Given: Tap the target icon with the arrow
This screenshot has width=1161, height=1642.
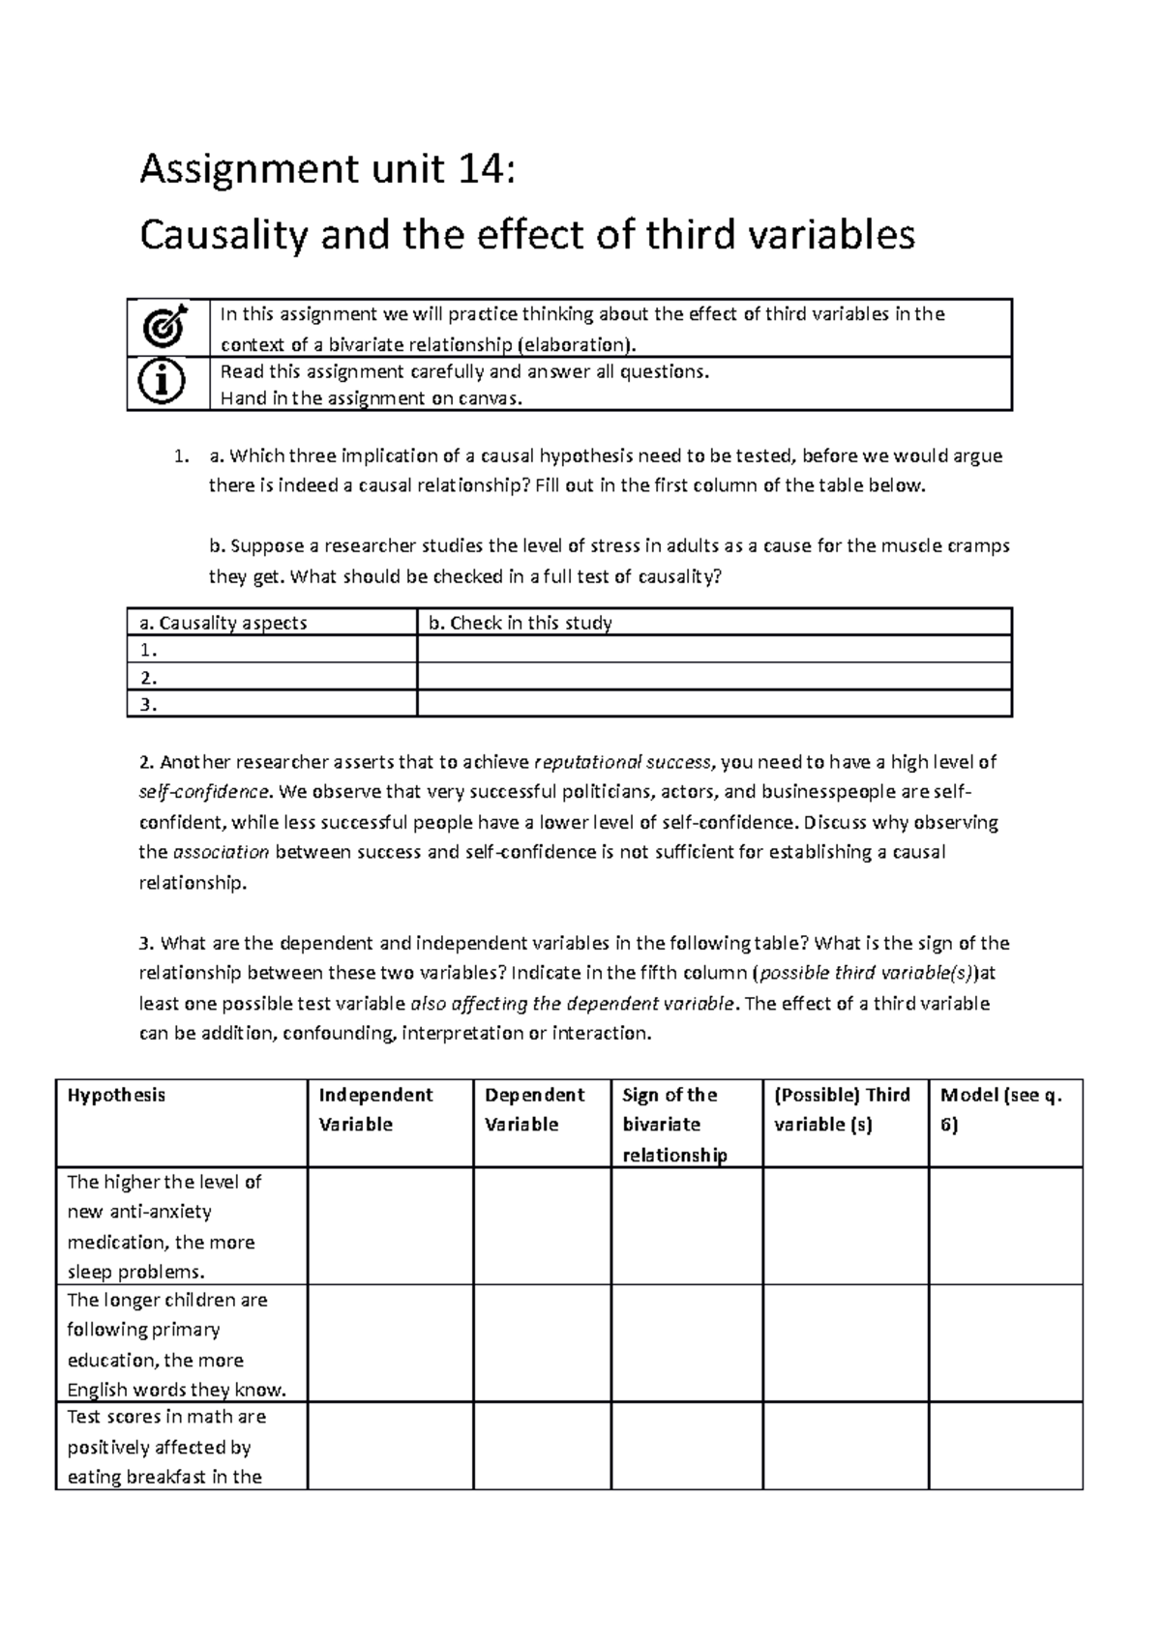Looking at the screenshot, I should [x=167, y=329].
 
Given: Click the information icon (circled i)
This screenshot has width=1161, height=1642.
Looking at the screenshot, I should [x=167, y=383].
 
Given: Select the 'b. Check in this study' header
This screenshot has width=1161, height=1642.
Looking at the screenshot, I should [x=521, y=623].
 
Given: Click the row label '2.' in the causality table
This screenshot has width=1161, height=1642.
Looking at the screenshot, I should [x=149, y=677].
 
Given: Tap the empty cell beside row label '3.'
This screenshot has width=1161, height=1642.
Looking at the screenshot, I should [x=713, y=704].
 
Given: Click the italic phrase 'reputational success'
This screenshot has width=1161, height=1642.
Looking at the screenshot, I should [x=623, y=762].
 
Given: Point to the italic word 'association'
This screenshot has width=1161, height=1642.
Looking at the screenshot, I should [x=221, y=852].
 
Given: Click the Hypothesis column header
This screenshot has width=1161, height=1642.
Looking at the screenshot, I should [x=116, y=1095].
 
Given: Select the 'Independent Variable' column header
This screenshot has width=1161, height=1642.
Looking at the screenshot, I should [x=375, y=1109].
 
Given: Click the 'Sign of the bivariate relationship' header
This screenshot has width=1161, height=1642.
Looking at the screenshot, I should [x=674, y=1124].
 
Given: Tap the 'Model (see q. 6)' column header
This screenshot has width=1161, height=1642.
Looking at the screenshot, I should [x=1000, y=1109].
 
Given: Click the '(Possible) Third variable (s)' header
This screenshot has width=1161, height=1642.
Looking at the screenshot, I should [x=842, y=1109].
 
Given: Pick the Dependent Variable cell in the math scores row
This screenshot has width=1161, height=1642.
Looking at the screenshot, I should [x=542, y=1446].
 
